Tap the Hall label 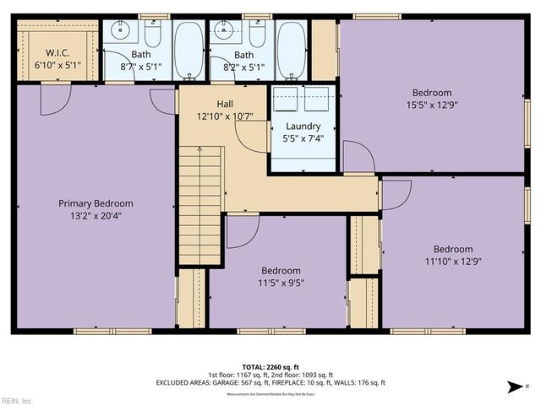point(225,103)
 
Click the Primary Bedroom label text point(95,203)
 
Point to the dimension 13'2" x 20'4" point(95,215)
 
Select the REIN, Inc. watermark point(17,400)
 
